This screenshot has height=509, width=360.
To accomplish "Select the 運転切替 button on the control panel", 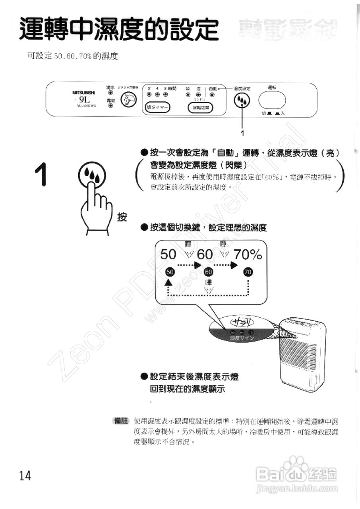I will tap(200, 108).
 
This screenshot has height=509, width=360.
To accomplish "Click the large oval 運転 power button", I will tap(272, 100).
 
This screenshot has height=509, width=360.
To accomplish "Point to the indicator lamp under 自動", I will tap(212, 95).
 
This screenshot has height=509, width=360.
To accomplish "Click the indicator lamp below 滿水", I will tap(110, 93).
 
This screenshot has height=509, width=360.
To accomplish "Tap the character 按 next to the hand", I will tap(122, 217).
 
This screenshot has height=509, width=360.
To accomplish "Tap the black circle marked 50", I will tap(170, 272).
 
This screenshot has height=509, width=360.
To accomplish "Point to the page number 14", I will tap(25, 476).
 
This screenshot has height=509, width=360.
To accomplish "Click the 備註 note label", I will tap(122, 421).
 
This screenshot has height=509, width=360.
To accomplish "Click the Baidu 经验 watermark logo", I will tap(296, 475).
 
